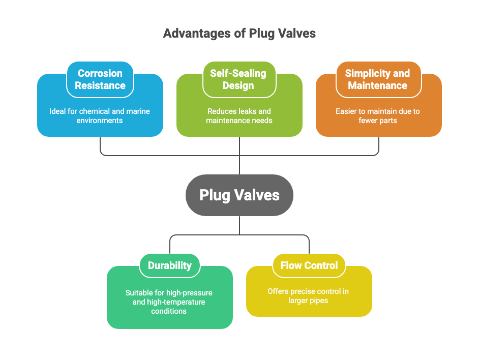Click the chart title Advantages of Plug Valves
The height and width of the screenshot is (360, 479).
[x=239, y=34]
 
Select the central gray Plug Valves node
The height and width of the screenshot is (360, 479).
[x=239, y=195]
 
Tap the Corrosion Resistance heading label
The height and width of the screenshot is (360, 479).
[x=100, y=79]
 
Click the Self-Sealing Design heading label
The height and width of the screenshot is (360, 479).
[x=238, y=79]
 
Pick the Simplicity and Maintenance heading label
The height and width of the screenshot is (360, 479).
[x=378, y=79]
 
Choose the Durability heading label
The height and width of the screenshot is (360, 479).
[x=170, y=265]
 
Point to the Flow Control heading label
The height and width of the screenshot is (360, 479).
[x=309, y=265]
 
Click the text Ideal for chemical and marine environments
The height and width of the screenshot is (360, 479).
[x=100, y=116]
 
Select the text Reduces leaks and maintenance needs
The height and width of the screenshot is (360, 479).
[x=239, y=116]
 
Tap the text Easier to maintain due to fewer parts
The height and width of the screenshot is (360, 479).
[x=378, y=116]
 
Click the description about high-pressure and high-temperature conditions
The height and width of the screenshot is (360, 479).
[x=169, y=302]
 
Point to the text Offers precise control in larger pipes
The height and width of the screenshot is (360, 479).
[x=309, y=296]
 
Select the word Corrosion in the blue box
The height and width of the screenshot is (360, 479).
[x=100, y=73]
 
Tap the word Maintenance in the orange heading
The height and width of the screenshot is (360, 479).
[x=378, y=85]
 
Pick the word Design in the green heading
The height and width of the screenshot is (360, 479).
[x=238, y=85]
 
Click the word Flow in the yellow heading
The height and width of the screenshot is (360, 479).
[x=291, y=265]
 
